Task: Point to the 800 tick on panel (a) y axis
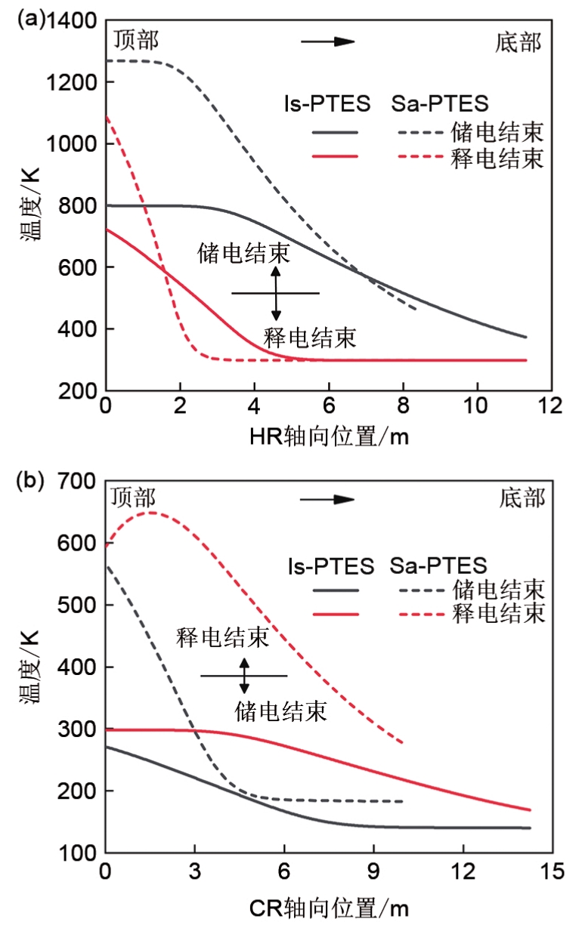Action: tap(79, 205)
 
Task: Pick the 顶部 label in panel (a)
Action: tap(137, 39)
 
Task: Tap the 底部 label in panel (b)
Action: tap(522, 498)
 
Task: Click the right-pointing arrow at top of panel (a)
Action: tap(328, 41)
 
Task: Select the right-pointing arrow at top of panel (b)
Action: tap(328, 499)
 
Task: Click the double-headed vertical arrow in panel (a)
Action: tap(276, 293)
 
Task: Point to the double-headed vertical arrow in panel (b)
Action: tap(244, 676)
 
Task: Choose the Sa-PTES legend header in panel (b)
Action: tap(439, 565)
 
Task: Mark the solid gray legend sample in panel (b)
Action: tap(333, 587)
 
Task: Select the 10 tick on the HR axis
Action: tap(478, 406)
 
